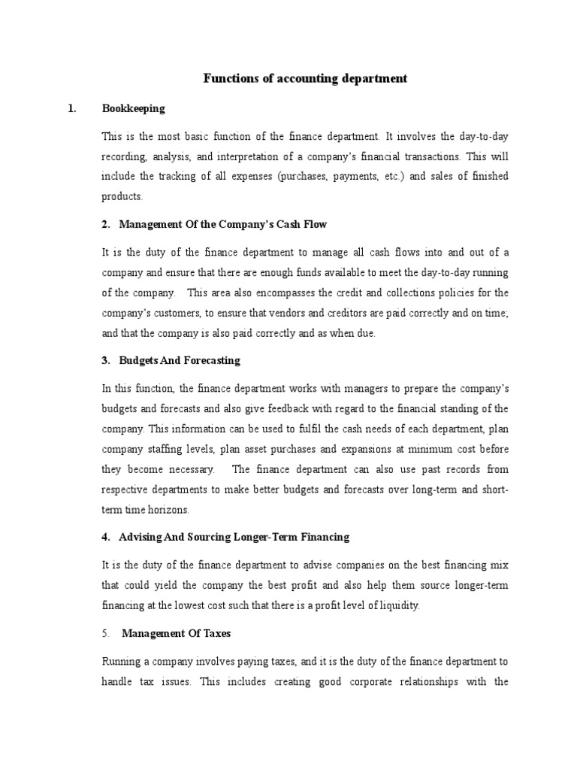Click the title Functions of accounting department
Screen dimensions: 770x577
[x=305, y=79]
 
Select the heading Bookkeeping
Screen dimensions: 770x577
[x=133, y=108]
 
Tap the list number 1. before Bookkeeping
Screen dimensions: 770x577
[x=72, y=108]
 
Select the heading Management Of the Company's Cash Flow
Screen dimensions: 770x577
[x=223, y=225]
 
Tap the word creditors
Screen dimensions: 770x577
[x=361, y=313]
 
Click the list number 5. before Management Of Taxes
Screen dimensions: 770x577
[x=106, y=634]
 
